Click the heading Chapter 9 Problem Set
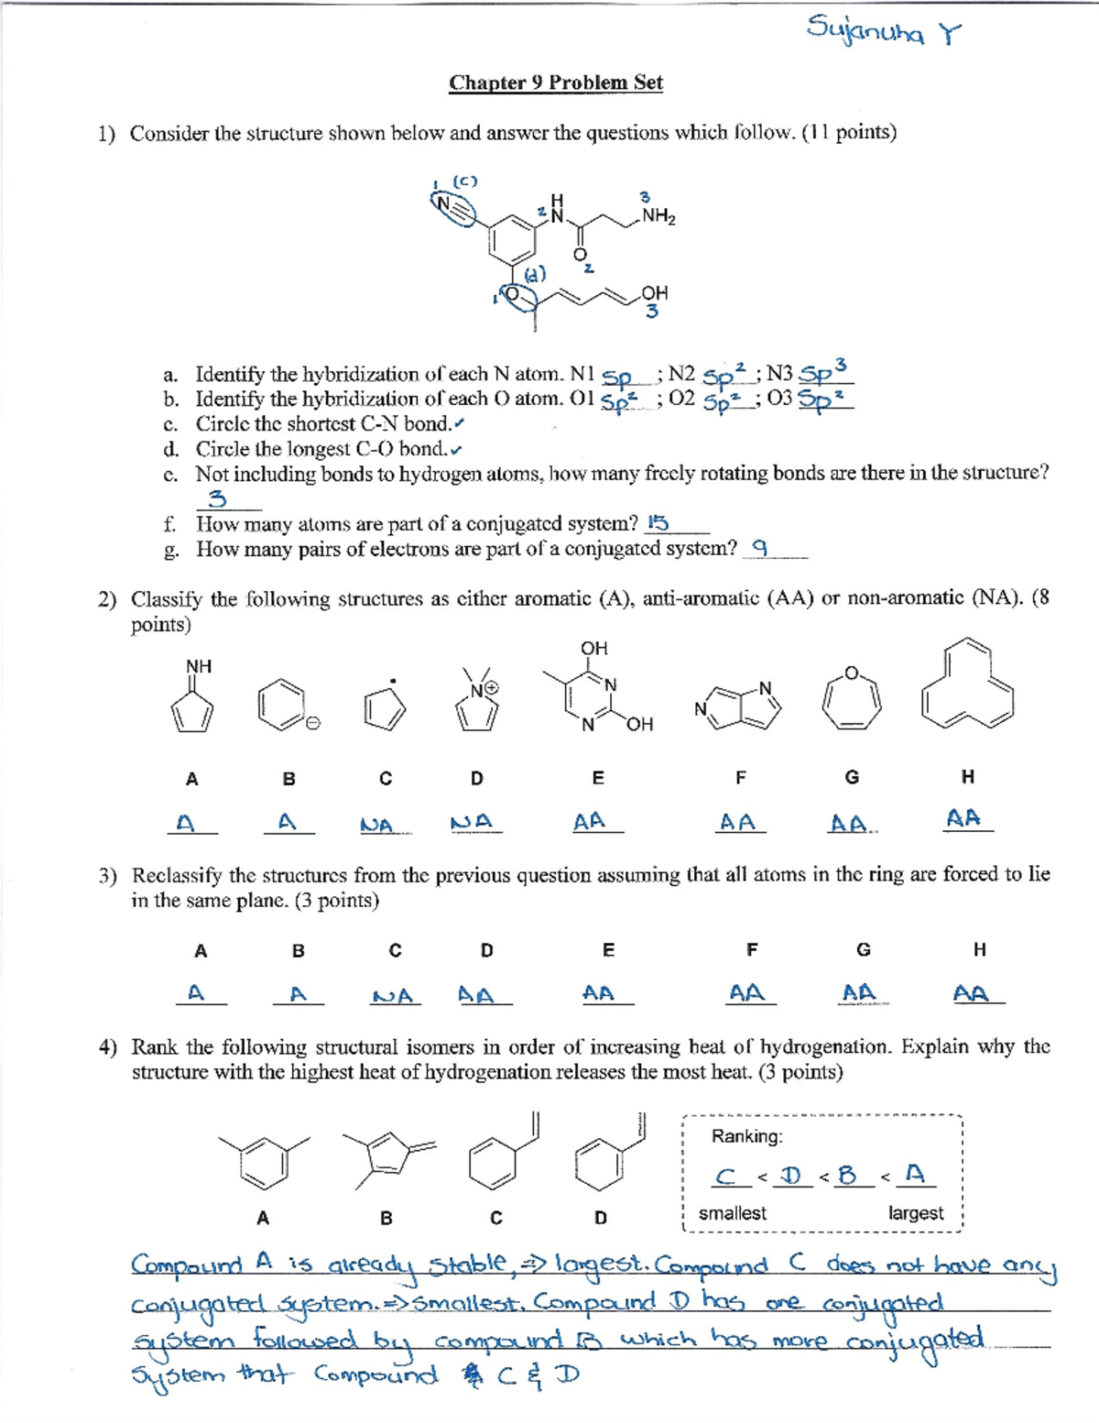[555, 82]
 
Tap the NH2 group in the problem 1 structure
[658, 216]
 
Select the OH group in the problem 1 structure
[654, 293]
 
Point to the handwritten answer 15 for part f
[657, 523]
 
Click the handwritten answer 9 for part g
[759, 548]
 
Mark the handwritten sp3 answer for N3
[823, 372]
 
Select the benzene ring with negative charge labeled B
[284, 704]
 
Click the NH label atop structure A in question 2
[199, 666]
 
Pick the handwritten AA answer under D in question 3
[476, 995]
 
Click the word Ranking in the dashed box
[746, 1136]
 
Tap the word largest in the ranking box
[915, 1213]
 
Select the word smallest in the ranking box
[732, 1213]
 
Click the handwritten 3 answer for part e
[217, 499]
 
